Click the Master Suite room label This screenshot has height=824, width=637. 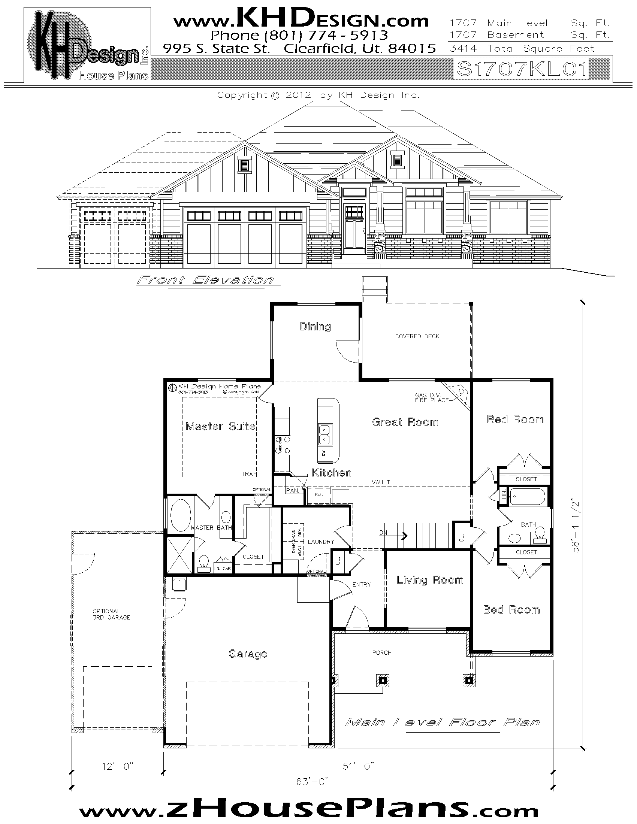220,426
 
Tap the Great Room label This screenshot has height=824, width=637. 405,422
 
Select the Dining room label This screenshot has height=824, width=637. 315,326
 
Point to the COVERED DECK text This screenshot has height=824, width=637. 417,336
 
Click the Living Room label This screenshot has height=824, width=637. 429,580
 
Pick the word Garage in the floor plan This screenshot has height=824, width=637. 248,654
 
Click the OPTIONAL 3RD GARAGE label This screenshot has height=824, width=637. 111,614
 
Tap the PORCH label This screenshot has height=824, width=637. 381,652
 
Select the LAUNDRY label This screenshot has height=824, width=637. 321,542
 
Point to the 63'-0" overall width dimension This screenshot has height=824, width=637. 313,781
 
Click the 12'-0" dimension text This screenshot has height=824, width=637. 118,766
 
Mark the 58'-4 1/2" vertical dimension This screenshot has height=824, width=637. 576,526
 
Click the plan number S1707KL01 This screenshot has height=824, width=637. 522,69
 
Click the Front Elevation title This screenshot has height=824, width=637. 205,280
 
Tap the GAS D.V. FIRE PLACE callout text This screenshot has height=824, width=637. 431,398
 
